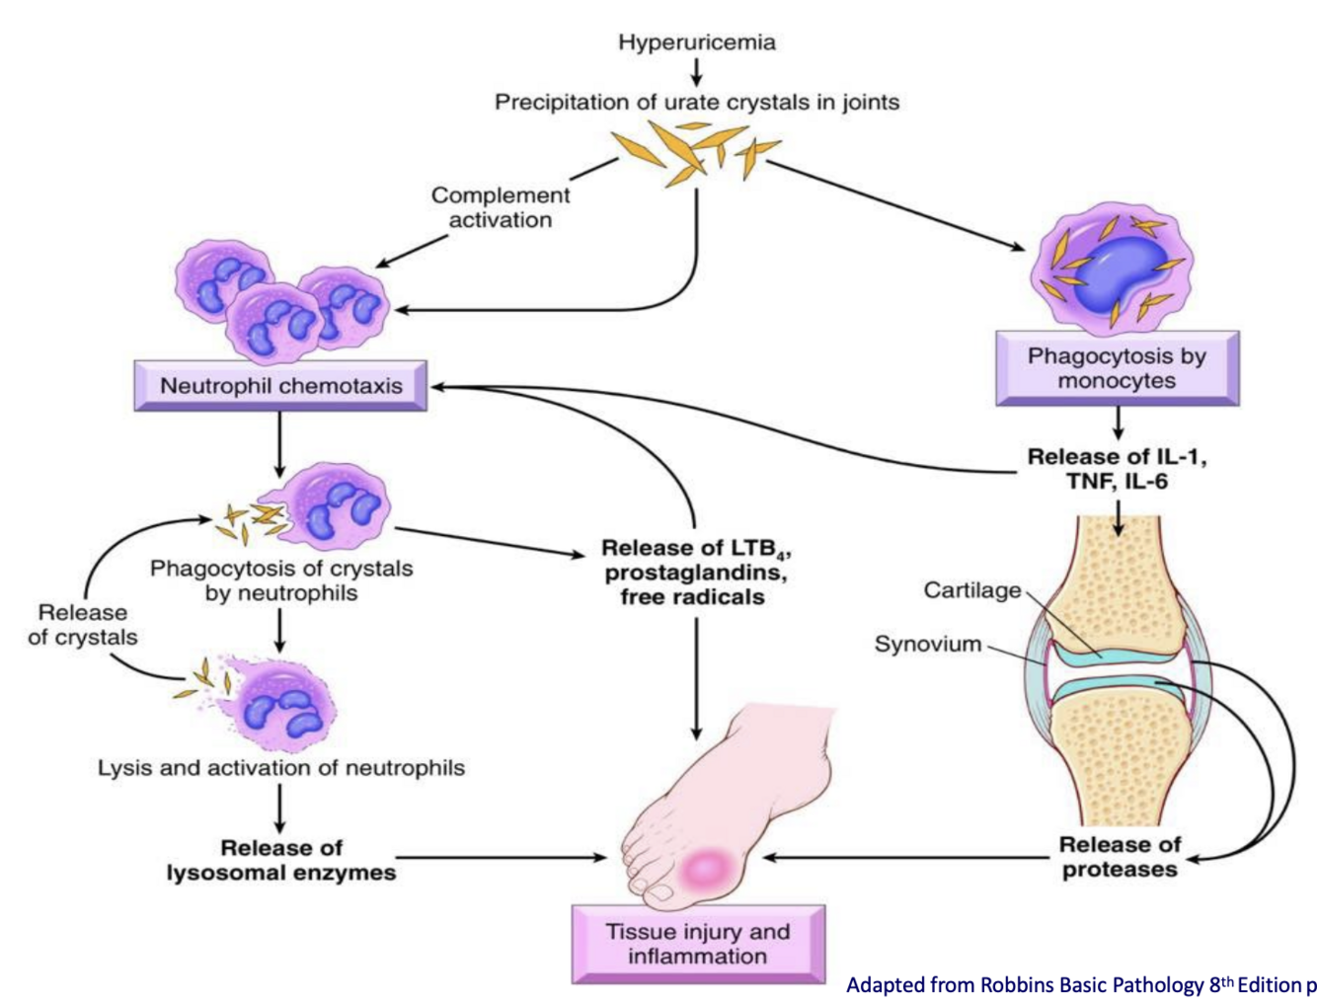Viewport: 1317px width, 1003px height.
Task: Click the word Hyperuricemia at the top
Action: (697, 42)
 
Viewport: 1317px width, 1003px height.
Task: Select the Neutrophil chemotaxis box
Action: (280, 386)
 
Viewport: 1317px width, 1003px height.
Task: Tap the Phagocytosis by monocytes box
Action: (1118, 368)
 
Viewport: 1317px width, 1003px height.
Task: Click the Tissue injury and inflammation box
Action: (698, 944)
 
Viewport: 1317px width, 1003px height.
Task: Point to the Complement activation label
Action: (501, 207)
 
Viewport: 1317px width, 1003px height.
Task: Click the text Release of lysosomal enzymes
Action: (281, 860)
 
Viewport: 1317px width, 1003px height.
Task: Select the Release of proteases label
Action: (1120, 857)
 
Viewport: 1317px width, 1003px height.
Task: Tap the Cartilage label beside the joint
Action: (972, 590)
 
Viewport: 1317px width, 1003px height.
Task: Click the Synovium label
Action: (928, 644)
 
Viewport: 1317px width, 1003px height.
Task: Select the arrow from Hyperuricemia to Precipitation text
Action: (696, 73)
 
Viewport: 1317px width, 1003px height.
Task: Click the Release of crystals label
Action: (83, 625)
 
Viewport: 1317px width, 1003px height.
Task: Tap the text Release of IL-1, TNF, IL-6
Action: (1118, 469)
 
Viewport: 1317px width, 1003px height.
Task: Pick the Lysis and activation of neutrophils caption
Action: (281, 768)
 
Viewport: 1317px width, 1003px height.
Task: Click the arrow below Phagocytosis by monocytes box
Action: (1118, 424)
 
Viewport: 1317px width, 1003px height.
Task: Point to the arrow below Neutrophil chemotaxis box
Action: (279, 444)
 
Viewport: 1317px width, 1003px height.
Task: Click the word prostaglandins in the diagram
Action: (696, 574)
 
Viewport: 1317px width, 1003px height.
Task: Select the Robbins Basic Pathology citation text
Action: (1081, 985)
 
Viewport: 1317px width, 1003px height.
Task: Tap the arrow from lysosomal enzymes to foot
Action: (502, 858)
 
